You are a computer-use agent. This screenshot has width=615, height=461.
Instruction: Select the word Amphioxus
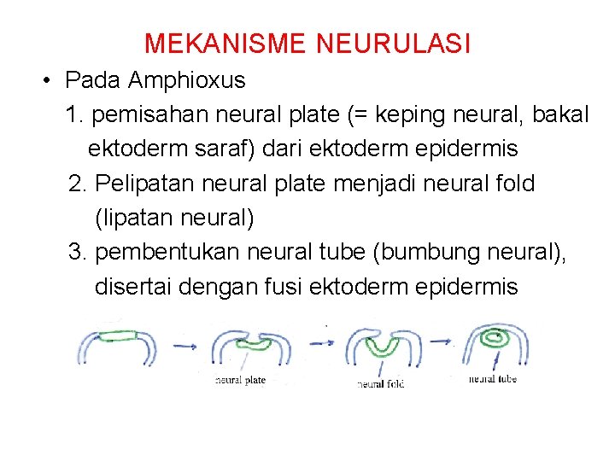click(186, 81)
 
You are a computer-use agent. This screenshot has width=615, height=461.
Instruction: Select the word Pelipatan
click(146, 184)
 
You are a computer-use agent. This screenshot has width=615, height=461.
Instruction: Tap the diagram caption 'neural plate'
click(241, 380)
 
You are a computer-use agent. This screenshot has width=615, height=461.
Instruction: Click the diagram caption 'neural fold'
click(380, 384)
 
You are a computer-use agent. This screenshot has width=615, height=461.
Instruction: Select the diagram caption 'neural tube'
click(492, 378)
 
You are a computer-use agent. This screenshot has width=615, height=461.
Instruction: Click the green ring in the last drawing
click(495, 338)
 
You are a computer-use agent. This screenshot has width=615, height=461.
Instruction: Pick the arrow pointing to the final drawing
click(440, 341)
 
